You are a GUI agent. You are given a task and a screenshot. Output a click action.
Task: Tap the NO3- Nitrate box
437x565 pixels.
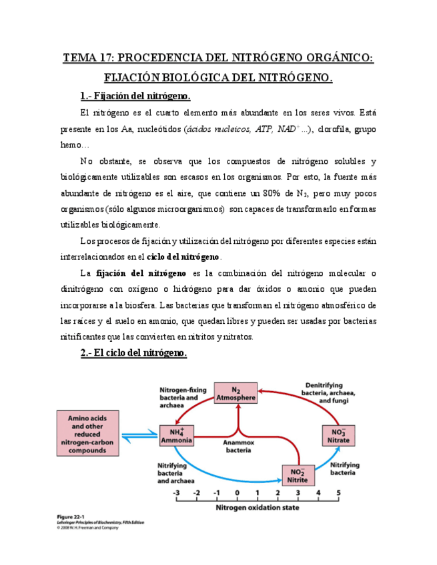[339, 436]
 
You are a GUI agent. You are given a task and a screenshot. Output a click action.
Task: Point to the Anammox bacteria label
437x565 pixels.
[237, 445]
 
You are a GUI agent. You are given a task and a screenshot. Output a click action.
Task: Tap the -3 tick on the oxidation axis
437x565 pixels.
[176, 493]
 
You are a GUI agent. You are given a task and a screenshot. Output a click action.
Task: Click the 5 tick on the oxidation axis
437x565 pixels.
[338, 493]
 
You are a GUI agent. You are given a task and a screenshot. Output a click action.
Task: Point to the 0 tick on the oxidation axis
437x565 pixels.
[237, 493]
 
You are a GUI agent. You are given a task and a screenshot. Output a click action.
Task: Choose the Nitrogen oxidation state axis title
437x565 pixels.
[257, 507]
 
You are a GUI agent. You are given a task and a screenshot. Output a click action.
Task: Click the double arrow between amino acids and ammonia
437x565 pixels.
[142, 434]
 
